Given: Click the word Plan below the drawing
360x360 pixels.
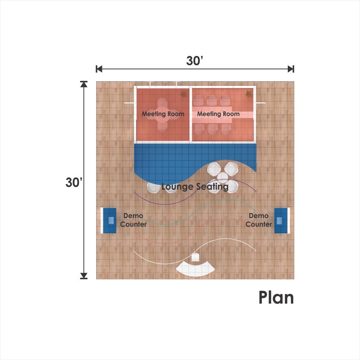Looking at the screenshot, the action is coord(276,297).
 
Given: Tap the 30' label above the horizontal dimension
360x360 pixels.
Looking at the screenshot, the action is coord(195,61).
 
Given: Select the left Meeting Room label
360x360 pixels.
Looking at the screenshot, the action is coord(163,114).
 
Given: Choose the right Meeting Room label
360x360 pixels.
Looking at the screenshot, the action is coord(218,114).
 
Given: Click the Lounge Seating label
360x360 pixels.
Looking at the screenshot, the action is coord(195,187).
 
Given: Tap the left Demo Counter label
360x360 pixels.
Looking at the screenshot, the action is coord(133,220).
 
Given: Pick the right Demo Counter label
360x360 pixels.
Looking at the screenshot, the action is coord(259,220).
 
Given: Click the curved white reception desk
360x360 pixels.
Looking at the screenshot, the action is coord(195,269).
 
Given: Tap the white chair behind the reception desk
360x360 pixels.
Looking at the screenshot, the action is coord(195,257).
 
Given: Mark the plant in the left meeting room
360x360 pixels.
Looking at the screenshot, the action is coord(184,94).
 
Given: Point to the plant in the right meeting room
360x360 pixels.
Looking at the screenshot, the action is coord(249,94).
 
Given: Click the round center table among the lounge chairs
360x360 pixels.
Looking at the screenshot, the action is coord(222,177).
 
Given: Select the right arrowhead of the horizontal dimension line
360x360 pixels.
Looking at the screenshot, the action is coord(291,69).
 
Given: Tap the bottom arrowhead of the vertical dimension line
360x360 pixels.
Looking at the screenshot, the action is coord(84,276).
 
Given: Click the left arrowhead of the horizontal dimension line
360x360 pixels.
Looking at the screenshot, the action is coord(99,69).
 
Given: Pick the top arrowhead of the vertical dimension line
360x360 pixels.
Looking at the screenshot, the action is coord(84,84).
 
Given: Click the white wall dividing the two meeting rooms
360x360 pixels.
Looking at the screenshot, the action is coord(190,114).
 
